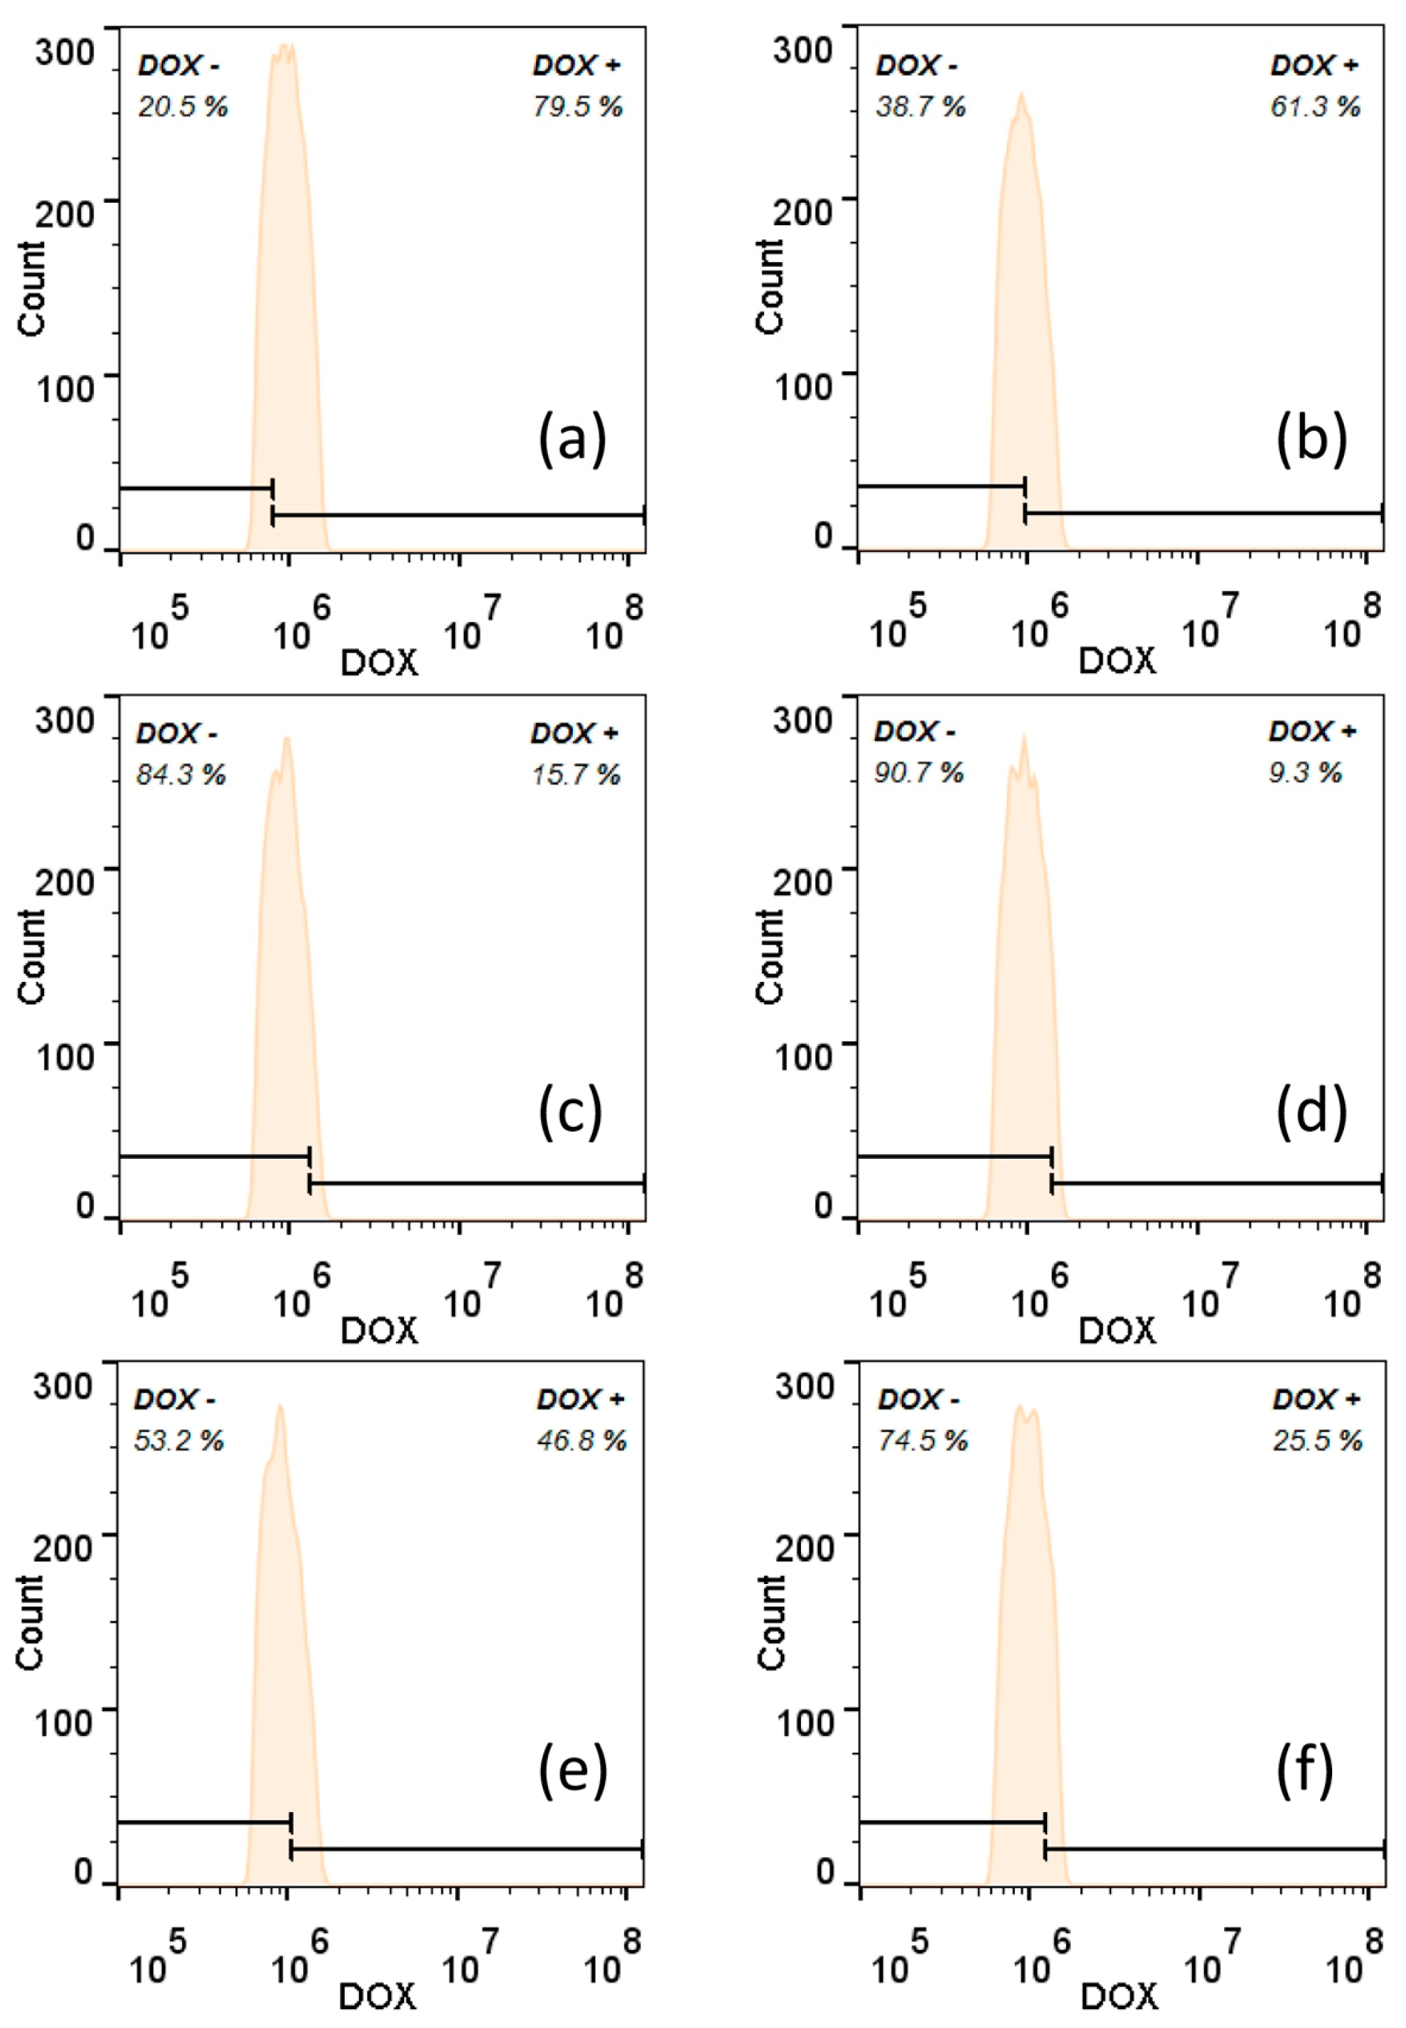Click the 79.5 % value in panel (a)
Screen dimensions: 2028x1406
pos(577,107)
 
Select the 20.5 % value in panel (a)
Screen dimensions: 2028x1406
pos(183,107)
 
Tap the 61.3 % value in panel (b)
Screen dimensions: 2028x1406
pos(1315,107)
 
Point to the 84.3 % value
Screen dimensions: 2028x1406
pos(181,775)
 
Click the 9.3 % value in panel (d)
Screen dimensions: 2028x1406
pos(1305,773)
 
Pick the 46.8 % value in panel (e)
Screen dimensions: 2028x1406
pos(581,1441)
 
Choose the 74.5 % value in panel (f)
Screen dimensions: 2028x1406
pos(922,1441)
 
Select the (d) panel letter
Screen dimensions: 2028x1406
pos(1311,1112)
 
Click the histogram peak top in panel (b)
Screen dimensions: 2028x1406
pos(1021,94)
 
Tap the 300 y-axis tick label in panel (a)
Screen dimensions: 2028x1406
pos(64,52)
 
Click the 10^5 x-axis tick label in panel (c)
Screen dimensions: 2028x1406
pos(158,1292)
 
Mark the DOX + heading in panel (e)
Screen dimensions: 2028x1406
pos(581,1399)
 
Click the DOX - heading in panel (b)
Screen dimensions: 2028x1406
pos(915,66)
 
